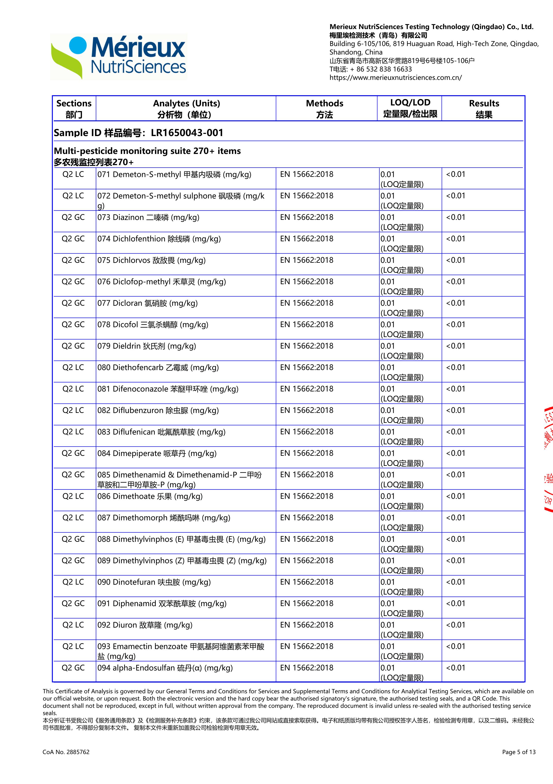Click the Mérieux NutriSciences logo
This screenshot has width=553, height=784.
pyautogui.click(x=118, y=57)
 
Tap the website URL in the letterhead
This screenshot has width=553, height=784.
pyautogui.click(x=395, y=78)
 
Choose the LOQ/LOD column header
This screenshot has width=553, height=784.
pyautogui.click(x=410, y=108)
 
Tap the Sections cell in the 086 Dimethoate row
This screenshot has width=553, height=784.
pyautogui.click(x=73, y=496)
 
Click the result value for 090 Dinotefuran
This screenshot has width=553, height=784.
pyautogui.click(x=455, y=582)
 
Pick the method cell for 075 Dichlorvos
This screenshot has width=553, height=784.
pyautogui.click(x=306, y=260)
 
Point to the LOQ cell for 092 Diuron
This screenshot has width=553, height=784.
pyautogui.click(x=402, y=629)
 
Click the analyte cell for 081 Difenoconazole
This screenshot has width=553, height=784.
pyautogui.click(x=168, y=389)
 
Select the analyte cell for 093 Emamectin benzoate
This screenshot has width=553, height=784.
pyautogui.click(x=181, y=651)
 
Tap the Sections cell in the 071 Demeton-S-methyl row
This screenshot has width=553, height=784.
pyautogui.click(x=73, y=174)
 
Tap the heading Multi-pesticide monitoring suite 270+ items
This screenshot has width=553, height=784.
pyautogui.click(x=147, y=151)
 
